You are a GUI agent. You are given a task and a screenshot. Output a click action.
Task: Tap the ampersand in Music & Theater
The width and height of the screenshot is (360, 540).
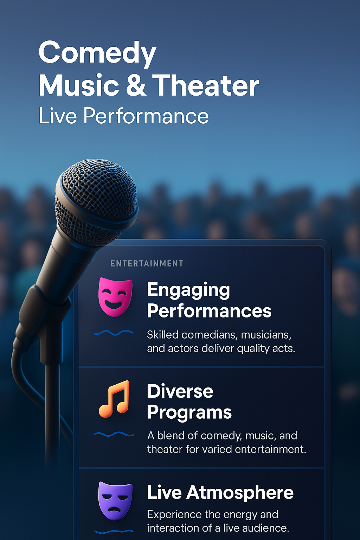pos(136,85)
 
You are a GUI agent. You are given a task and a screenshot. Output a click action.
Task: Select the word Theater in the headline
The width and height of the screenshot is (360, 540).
pos(205,85)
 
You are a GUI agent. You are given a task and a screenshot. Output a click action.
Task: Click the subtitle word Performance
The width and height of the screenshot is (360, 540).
pos(146,116)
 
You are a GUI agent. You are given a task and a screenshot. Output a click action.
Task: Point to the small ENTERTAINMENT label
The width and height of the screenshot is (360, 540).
pos(147,263)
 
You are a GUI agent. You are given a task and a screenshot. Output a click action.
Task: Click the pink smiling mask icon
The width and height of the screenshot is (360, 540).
pos(115,297)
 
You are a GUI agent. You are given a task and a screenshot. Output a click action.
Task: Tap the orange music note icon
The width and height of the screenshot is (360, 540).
pos(114,399)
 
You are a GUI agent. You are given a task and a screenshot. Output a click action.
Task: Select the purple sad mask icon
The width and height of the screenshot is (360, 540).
pos(115,501)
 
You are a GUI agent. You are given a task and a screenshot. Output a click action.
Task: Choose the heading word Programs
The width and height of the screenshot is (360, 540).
pos(189,412)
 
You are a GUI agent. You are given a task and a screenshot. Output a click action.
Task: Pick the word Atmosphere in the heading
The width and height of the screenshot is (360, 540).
pos(240,492)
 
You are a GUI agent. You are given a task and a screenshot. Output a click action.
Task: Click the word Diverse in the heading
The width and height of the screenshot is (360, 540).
pos(180,391)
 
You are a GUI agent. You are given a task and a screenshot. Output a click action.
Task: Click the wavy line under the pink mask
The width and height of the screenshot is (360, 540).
pos(114,333)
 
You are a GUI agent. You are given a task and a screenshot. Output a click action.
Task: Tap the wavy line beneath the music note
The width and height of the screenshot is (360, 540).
pos(114,434)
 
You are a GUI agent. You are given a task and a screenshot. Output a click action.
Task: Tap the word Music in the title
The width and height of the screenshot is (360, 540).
pos(79,85)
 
